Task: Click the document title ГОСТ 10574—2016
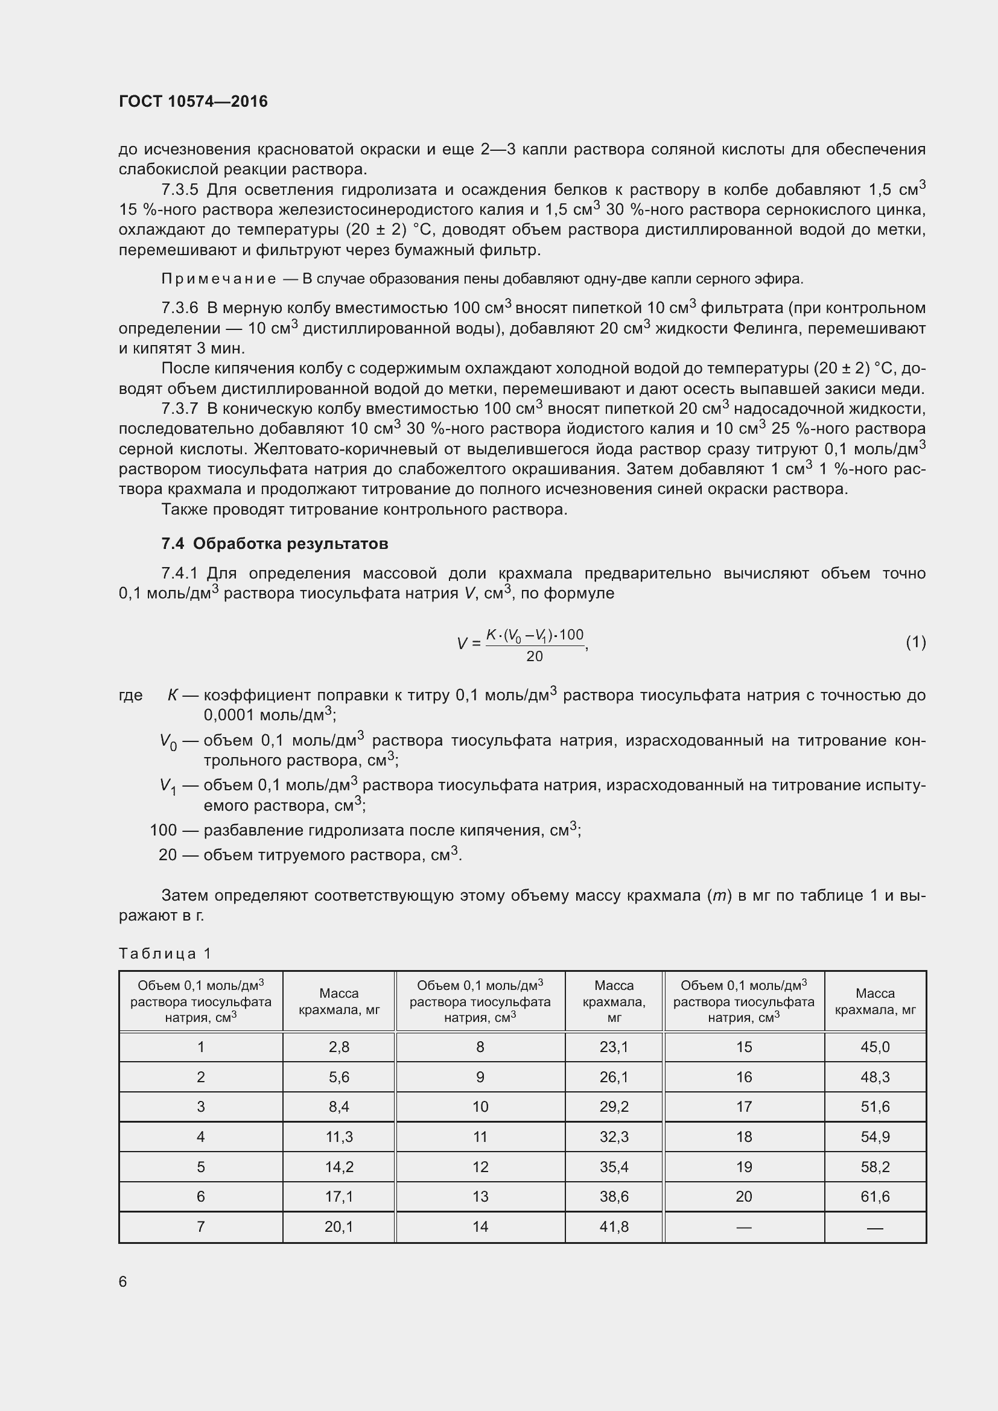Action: (x=193, y=101)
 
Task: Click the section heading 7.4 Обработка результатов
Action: (x=275, y=544)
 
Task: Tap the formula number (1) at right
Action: (x=915, y=642)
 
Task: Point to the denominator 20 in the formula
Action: (x=534, y=656)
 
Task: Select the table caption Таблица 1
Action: (x=165, y=953)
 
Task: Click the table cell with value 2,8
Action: (x=338, y=1047)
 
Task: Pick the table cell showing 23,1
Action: (x=613, y=1047)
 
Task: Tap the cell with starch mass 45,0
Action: (x=874, y=1047)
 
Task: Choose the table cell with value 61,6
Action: (x=874, y=1196)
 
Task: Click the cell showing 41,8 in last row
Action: (x=613, y=1226)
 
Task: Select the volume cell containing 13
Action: (x=480, y=1196)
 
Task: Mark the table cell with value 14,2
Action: (x=338, y=1167)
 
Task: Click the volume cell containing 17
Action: (x=743, y=1106)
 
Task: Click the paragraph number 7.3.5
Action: (x=180, y=189)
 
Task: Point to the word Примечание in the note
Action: (x=218, y=279)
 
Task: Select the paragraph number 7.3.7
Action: (x=180, y=408)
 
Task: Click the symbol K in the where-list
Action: (x=173, y=695)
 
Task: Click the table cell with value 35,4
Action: (x=613, y=1167)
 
